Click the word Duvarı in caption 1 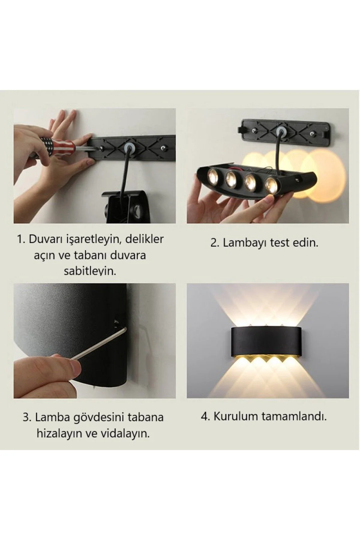44,239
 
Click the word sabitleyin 90,271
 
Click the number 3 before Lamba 26,417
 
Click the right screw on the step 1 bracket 163,148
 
